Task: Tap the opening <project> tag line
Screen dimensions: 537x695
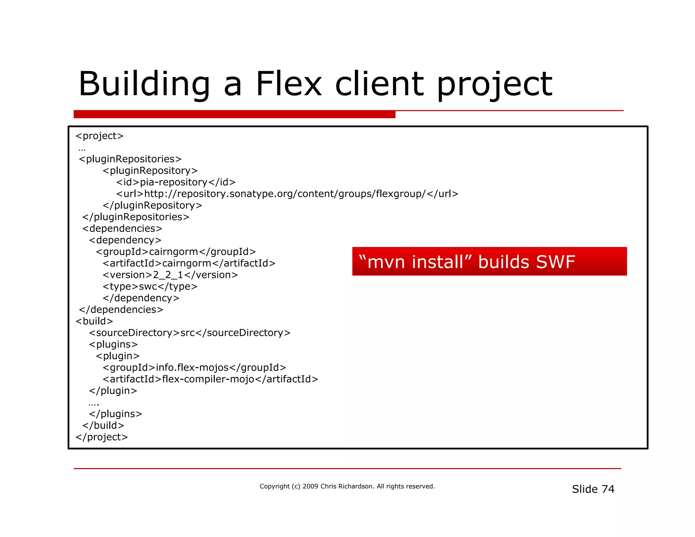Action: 99,136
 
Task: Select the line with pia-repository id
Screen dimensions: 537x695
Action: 176,182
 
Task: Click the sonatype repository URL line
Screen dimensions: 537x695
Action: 287,194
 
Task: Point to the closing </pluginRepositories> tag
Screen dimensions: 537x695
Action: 136,217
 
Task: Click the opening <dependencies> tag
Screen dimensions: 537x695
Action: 122,228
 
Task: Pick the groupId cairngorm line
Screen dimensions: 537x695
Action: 176,252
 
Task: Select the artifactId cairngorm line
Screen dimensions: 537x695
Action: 189,263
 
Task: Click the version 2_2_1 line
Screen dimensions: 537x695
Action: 170,275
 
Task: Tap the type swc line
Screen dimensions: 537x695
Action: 150,286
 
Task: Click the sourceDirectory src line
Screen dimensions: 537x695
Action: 190,333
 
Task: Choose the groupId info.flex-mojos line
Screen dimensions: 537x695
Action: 194,368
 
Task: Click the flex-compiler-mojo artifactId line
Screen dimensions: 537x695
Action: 210,379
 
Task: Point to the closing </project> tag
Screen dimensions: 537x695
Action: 102,437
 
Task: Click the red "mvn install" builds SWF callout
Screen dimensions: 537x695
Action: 489,261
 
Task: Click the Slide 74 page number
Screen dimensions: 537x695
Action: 593,489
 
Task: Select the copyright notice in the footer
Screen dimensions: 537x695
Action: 347,486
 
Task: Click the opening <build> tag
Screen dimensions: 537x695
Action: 94,321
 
